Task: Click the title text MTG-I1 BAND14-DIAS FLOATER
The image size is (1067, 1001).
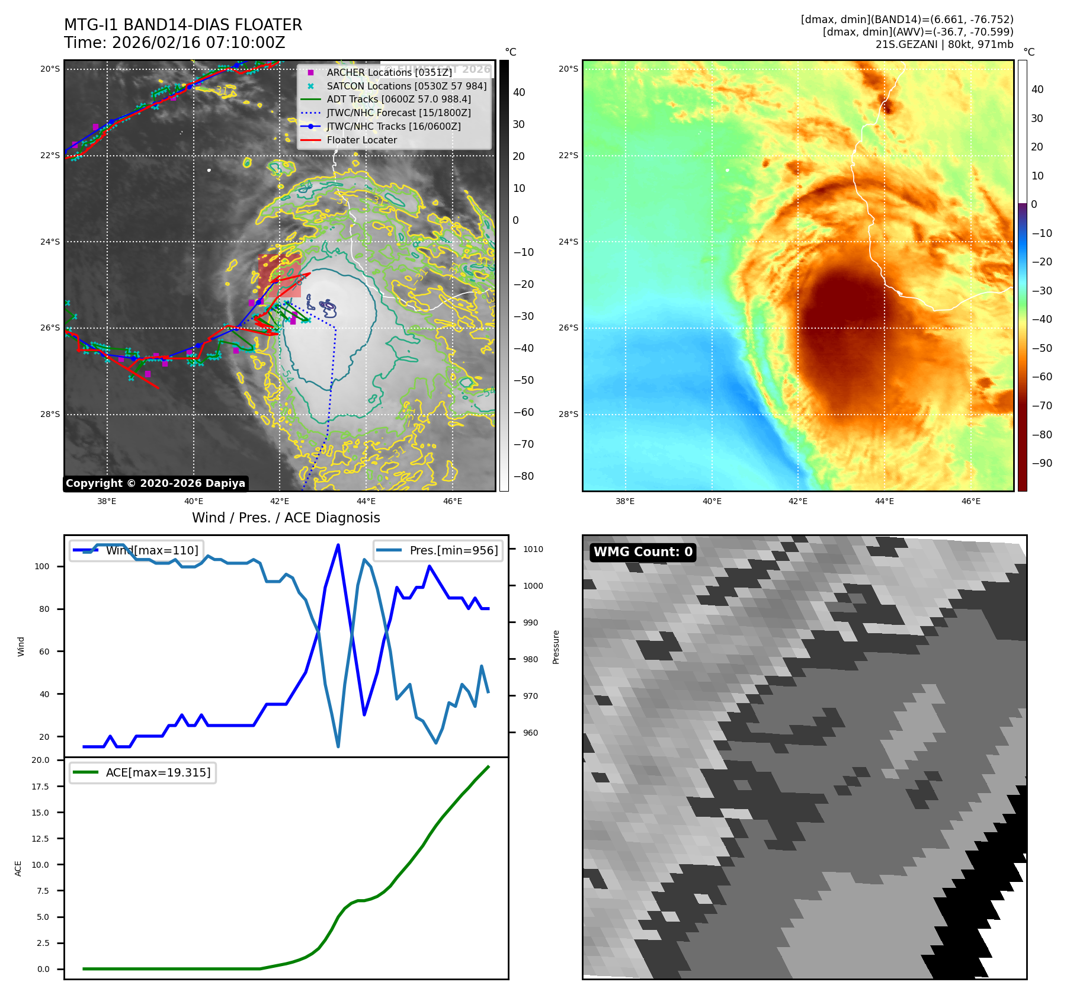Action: pos(183,25)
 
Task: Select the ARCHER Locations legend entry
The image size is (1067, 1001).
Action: pos(389,72)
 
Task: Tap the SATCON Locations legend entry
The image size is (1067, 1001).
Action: pos(406,86)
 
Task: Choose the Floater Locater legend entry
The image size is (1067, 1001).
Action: pos(361,140)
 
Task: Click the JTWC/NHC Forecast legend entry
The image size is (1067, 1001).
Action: pos(399,113)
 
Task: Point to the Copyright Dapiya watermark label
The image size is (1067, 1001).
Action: pos(155,483)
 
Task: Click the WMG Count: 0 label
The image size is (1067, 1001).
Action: pos(643,552)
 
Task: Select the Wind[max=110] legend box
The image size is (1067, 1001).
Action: pos(137,550)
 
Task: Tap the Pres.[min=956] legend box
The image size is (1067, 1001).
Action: pos(438,550)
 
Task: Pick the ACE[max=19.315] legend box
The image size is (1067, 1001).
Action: pos(143,772)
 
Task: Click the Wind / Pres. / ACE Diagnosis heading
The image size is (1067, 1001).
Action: pos(286,518)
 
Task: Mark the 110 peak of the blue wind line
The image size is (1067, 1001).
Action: pos(338,545)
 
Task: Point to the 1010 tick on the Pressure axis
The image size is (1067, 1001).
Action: pos(533,549)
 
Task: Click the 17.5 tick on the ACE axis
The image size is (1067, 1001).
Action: pos(40,787)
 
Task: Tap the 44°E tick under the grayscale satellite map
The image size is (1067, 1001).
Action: pos(366,501)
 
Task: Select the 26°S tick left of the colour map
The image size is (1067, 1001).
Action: pos(568,328)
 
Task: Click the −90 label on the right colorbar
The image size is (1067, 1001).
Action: pos(1042,463)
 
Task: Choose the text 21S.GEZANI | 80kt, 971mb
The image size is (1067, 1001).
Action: pos(944,44)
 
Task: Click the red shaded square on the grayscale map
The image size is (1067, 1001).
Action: pos(280,276)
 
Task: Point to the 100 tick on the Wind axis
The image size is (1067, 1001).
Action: pos(41,566)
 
